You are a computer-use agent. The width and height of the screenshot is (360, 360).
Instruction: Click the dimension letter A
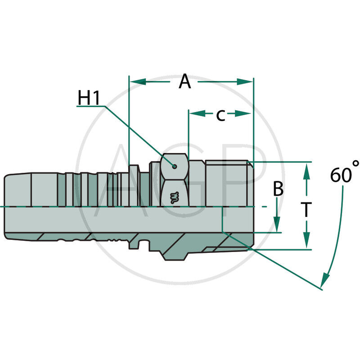[184, 82]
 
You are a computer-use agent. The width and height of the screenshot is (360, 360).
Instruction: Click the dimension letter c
[220, 115]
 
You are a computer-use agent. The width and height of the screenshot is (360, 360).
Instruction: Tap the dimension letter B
[279, 189]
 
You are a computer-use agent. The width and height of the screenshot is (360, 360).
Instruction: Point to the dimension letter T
[306, 210]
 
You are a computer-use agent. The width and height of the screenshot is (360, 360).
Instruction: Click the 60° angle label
[344, 174]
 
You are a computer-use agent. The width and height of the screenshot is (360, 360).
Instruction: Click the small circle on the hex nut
[174, 166]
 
